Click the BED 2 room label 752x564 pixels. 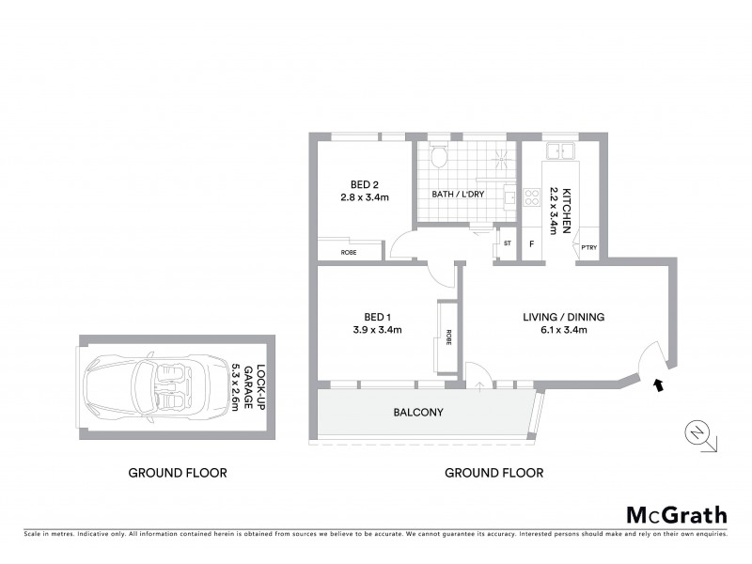(x=358, y=185)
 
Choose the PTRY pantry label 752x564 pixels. (x=589, y=247)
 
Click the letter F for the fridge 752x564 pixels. (x=532, y=245)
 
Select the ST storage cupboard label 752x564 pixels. (x=507, y=244)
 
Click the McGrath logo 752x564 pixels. (x=676, y=514)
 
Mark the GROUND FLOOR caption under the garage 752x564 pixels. (x=178, y=473)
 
